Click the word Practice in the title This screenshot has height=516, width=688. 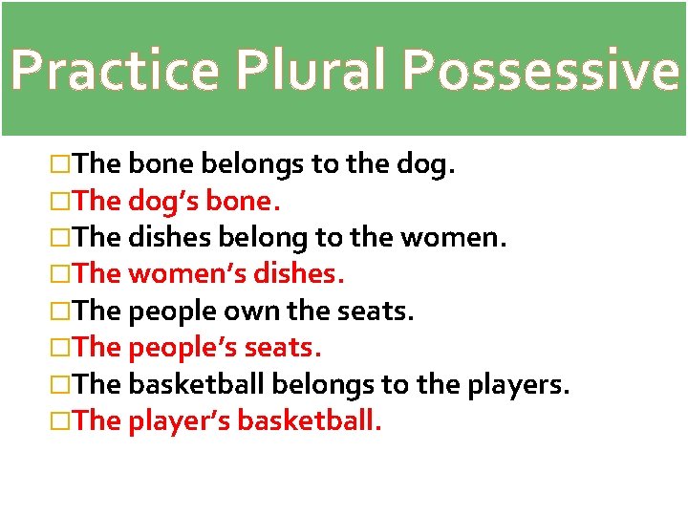[x=115, y=70]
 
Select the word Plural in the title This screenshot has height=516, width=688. [x=309, y=70]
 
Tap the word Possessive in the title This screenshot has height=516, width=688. [x=539, y=70]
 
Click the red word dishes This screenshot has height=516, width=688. [x=301, y=275]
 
